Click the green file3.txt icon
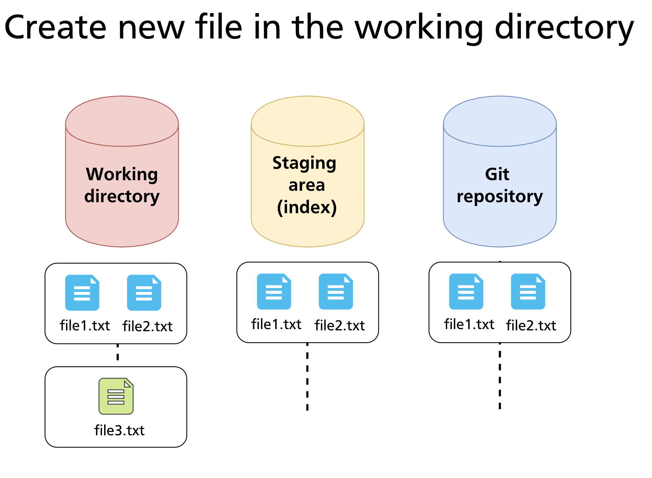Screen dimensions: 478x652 pyautogui.click(x=116, y=396)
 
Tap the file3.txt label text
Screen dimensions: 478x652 pyautogui.click(x=119, y=430)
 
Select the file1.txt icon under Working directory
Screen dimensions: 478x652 pyautogui.click(x=82, y=293)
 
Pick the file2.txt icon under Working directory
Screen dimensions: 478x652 pyautogui.click(x=144, y=293)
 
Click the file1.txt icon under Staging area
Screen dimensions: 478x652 pyautogui.click(x=274, y=291)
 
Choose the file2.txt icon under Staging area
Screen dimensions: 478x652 pyautogui.click(x=336, y=291)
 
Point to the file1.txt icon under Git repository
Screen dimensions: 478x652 pyautogui.click(x=466, y=291)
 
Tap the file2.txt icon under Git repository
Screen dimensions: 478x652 pyautogui.click(x=528, y=291)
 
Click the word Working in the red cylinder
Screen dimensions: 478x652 pyautogui.click(x=122, y=174)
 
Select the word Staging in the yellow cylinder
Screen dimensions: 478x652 pyautogui.click(x=304, y=163)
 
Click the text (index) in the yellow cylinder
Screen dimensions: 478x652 pyautogui.click(x=307, y=207)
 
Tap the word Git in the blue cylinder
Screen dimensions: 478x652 pyautogui.click(x=497, y=174)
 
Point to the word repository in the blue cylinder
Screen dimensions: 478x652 pyautogui.click(x=500, y=196)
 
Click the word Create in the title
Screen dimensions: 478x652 pyautogui.click(x=55, y=27)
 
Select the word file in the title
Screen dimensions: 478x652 pyautogui.click(x=218, y=27)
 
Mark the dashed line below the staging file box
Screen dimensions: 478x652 pyautogui.click(x=307, y=376)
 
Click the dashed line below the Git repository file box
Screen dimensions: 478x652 pyautogui.click(x=500, y=376)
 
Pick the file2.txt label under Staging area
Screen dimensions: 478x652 pyautogui.click(x=340, y=325)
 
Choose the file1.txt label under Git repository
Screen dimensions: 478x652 pyautogui.click(x=469, y=324)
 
